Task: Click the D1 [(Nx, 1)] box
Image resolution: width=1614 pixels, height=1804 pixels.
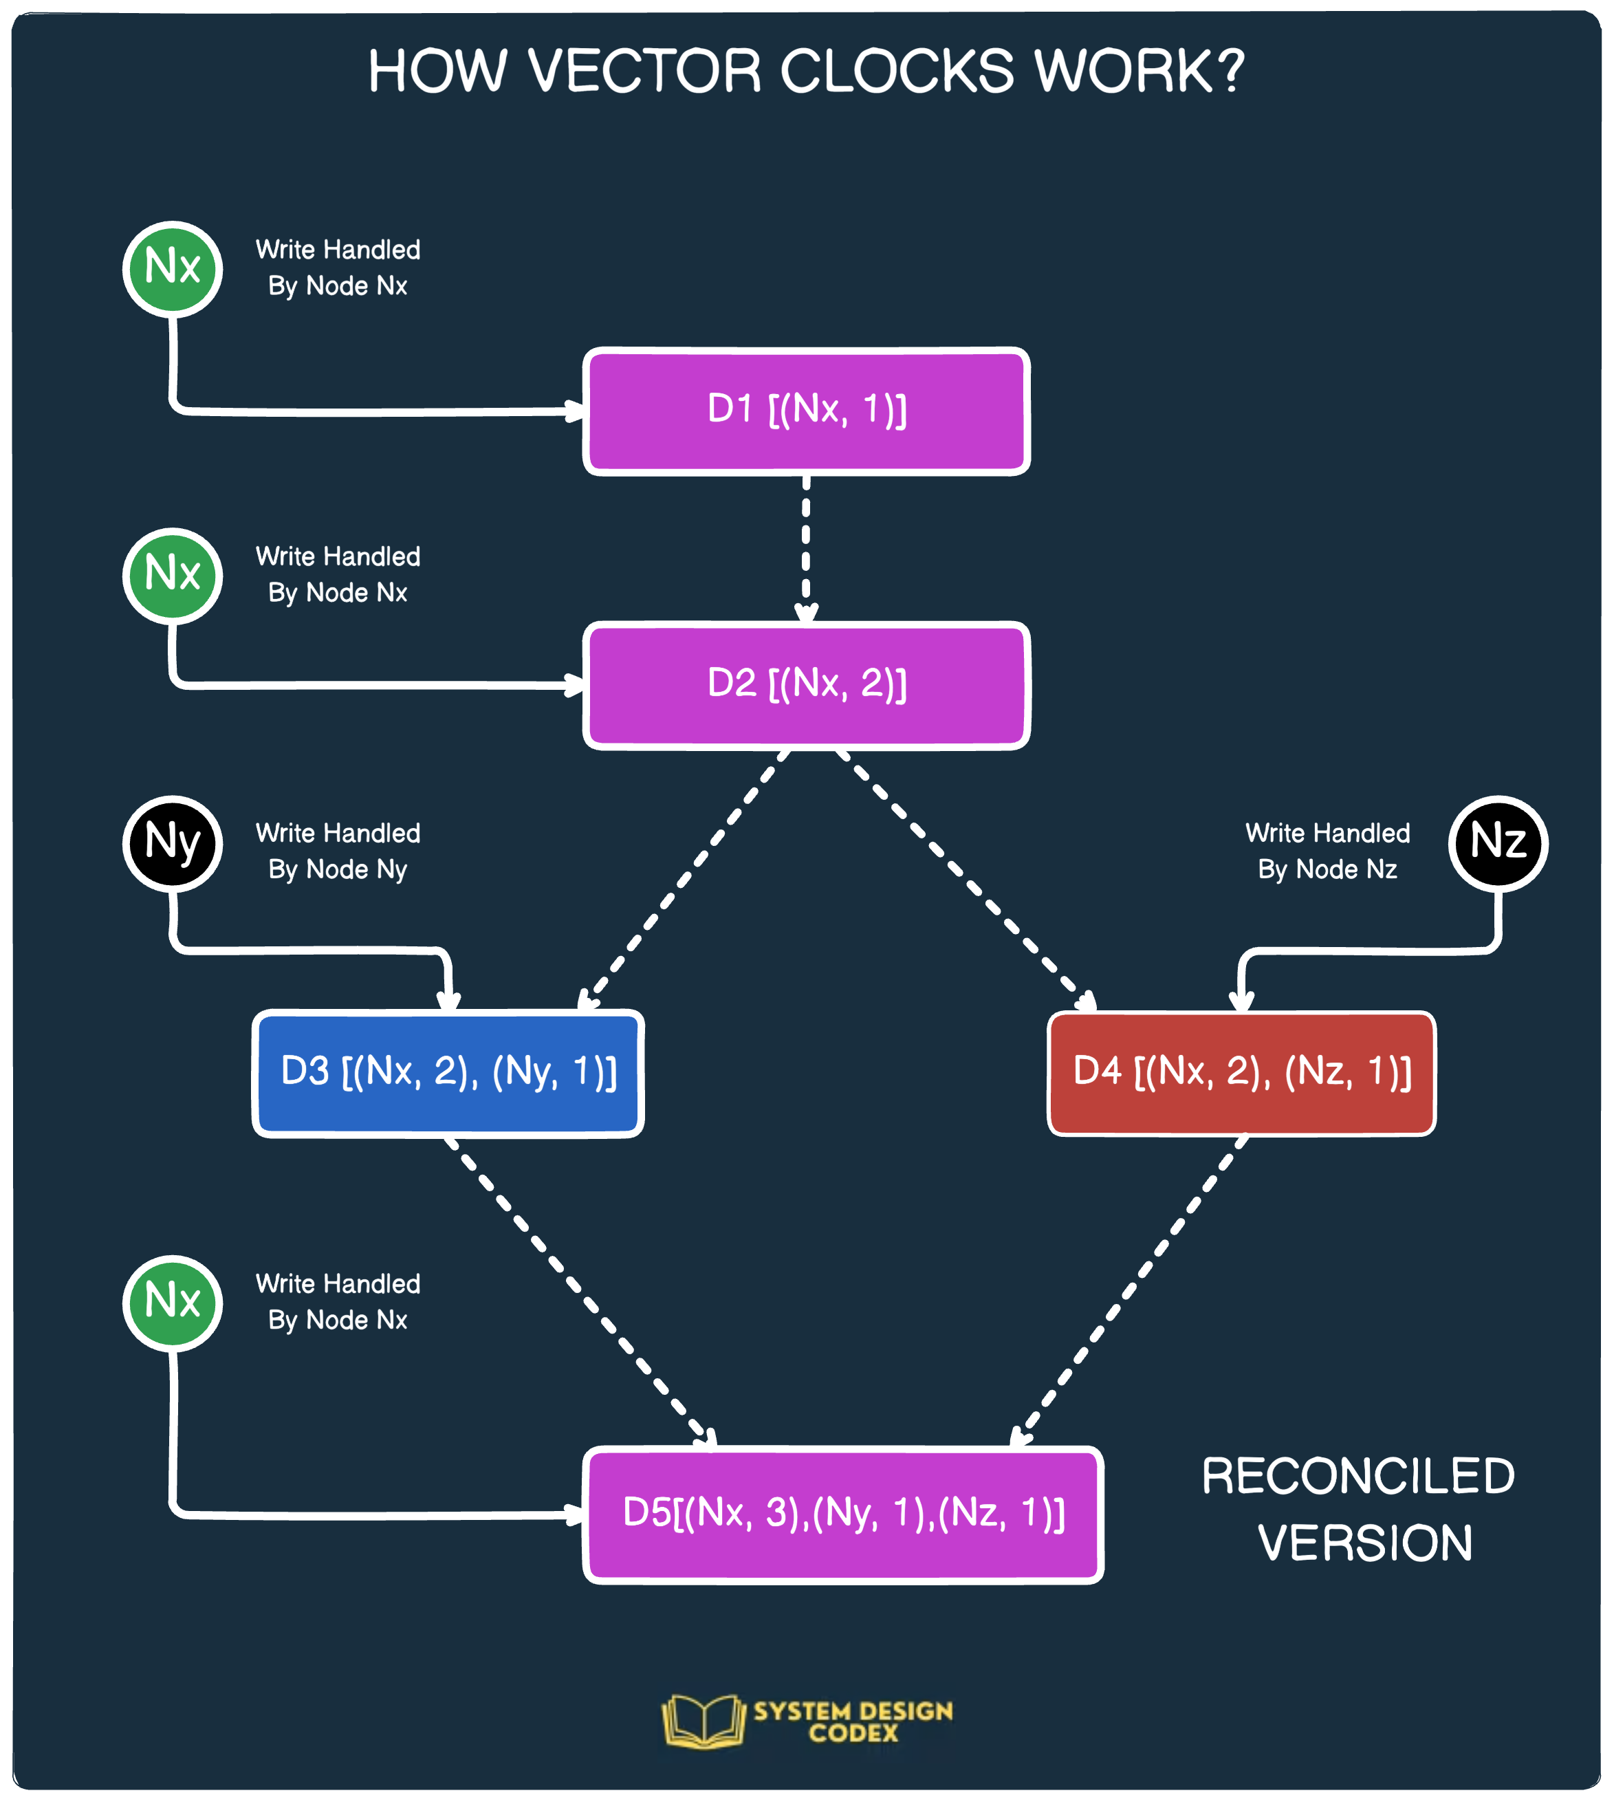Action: [x=806, y=411]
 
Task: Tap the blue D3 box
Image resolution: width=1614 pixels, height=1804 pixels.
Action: [x=448, y=1073]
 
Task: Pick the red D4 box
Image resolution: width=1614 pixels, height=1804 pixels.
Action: [x=1241, y=1073]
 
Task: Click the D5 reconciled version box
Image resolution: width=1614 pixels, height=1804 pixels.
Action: [x=842, y=1514]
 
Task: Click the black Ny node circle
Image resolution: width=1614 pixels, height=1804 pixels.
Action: [x=172, y=843]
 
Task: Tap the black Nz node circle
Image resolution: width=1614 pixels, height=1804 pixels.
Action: [x=1498, y=843]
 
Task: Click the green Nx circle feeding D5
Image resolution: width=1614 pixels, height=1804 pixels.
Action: [x=172, y=1303]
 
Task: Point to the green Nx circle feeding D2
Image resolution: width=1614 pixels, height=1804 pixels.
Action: [x=172, y=576]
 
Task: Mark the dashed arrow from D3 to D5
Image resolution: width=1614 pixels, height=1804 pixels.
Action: [x=581, y=1290]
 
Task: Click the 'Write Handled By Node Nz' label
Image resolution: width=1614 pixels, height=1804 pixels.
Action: [x=1327, y=851]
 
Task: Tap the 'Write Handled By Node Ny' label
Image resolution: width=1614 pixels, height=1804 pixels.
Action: [x=338, y=851]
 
